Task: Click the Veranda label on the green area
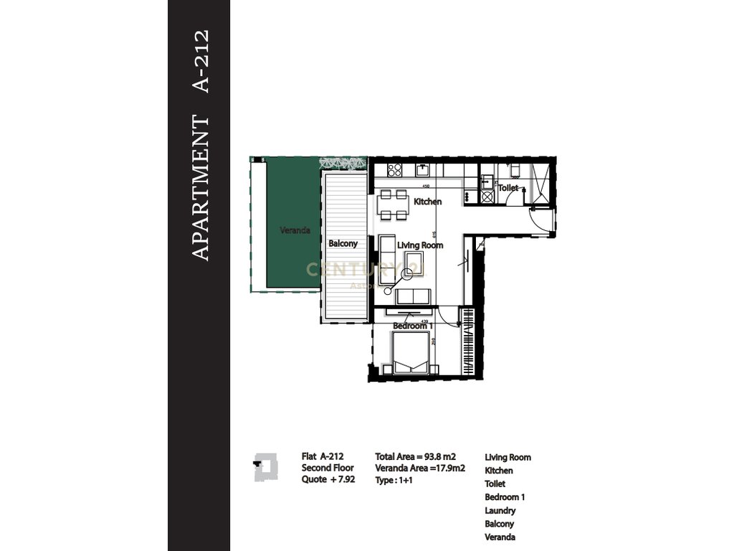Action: pyautogui.click(x=295, y=230)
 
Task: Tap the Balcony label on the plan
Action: pyautogui.click(x=343, y=244)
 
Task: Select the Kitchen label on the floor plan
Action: pyautogui.click(x=428, y=202)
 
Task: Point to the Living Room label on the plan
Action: pyautogui.click(x=420, y=245)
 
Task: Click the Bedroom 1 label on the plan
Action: pyautogui.click(x=412, y=326)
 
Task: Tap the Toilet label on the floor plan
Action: pyautogui.click(x=508, y=187)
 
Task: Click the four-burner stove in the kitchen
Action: pyautogui.click(x=394, y=170)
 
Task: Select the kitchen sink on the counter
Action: pyautogui.click(x=424, y=169)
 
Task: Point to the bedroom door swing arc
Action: pyautogui.click(x=448, y=316)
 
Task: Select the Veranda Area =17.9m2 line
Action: pyautogui.click(x=420, y=468)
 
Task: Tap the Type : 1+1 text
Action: pyautogui.click(x=394, y=480)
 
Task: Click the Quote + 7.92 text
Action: pyautogui.click(x=328, y=479)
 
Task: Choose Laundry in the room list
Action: pyautogui.click(x=500, y=511)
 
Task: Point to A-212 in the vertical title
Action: pyautogui.click(x=203, y=61)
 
